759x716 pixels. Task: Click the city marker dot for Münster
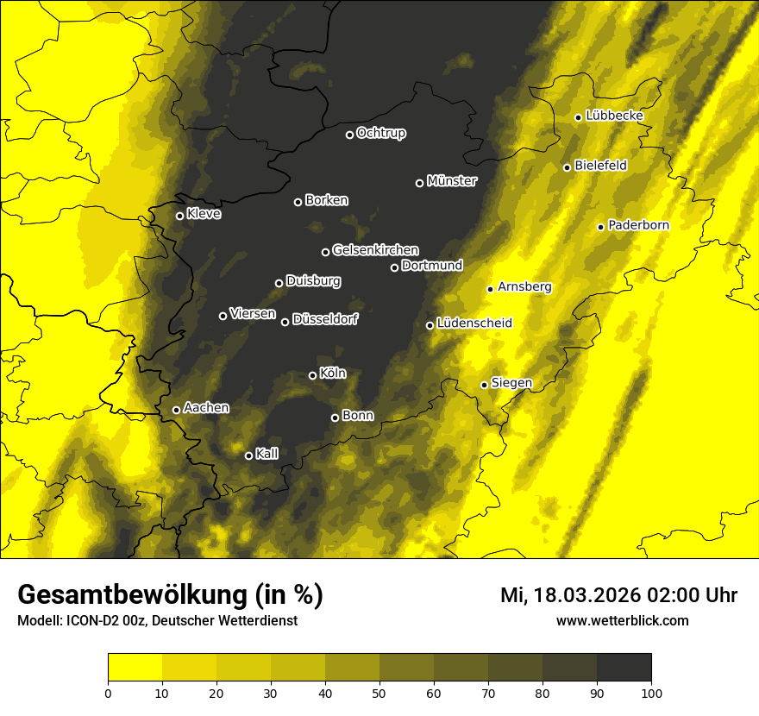420,183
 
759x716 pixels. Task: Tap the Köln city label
333,374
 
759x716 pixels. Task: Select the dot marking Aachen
177,410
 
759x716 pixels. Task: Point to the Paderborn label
638,225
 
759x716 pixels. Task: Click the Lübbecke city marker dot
578,117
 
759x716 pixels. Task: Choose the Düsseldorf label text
325,319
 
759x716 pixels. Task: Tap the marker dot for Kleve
180,216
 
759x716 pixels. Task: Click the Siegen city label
511,382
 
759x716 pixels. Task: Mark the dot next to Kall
248,455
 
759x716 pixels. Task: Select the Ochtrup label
381,133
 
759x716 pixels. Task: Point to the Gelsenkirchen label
376,249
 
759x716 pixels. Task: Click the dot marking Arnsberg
490,289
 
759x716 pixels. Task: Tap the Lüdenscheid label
474,323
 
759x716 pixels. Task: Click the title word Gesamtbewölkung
129,595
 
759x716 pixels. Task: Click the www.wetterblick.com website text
623,620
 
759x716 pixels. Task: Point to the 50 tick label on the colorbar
379,692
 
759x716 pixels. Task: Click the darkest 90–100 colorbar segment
624,668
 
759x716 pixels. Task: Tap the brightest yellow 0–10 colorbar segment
135,668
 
